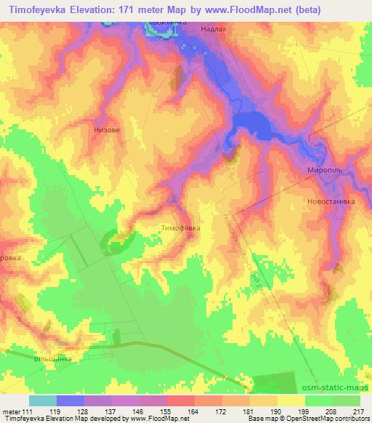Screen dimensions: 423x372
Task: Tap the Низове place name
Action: point(107,132)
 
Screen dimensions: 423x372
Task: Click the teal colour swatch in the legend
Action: point(43,400)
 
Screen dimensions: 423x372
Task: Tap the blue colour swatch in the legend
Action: point(70,400)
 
